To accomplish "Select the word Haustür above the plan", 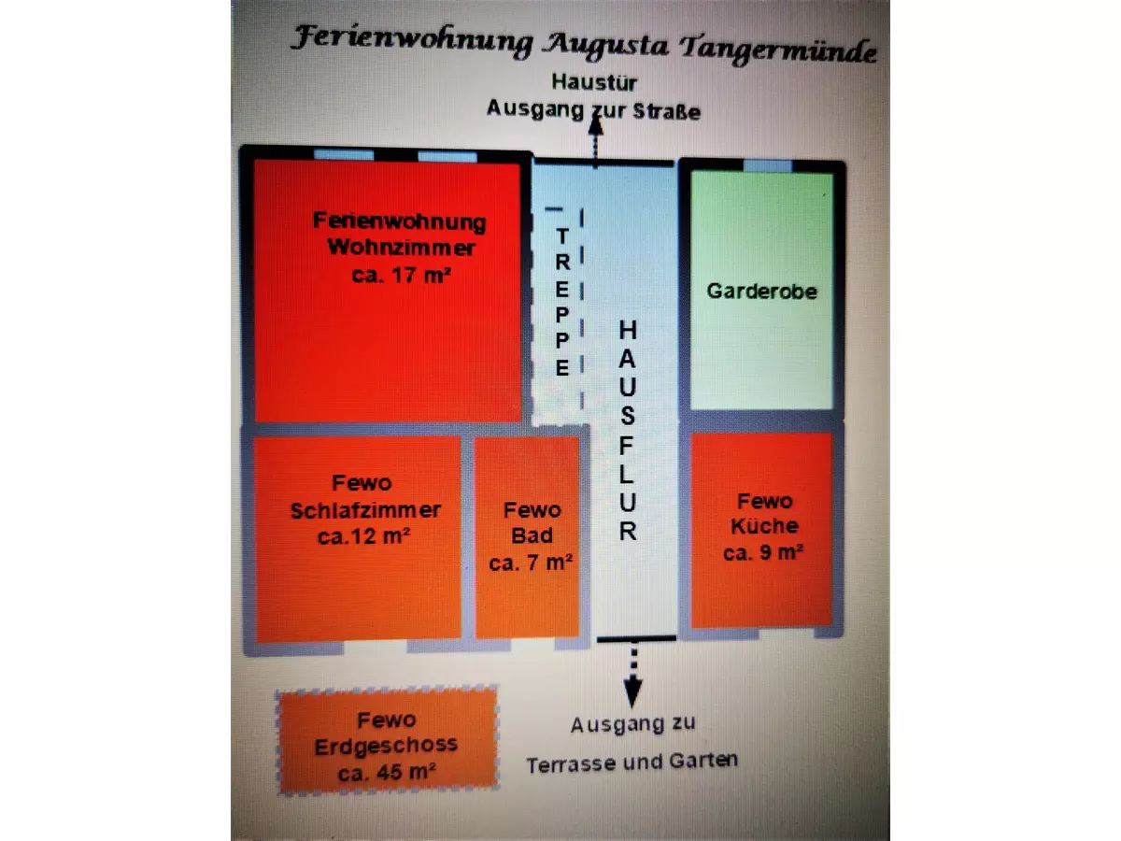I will coord(594,82).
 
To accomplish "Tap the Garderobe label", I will coord(761,291).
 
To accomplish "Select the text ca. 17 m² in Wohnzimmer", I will coord(387,276).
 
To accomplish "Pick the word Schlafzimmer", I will coord(365,510).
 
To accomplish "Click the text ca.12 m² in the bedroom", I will coord(365,536).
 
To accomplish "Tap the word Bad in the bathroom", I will coord(532,536).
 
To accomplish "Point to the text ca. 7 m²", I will coord(532,563).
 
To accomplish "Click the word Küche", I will coord(765,526).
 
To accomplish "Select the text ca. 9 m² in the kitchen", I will coord(763,552).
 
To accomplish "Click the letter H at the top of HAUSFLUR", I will coord(629,331).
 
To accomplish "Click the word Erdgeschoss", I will coord(386,746).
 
